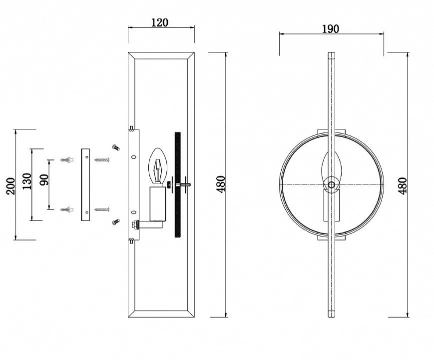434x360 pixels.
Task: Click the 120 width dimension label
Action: click(160, 22)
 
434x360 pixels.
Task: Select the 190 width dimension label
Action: click(331, 29)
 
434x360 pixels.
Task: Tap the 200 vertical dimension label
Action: click(11, 186)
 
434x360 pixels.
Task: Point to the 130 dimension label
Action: click(27, 181)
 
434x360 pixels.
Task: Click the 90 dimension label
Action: click(44, 180)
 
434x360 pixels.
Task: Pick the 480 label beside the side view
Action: click(221, 184)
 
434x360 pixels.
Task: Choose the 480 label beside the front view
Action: click(402, 186)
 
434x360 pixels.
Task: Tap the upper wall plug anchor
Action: click(67, 160)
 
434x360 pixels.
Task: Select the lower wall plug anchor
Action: click(67, 209)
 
